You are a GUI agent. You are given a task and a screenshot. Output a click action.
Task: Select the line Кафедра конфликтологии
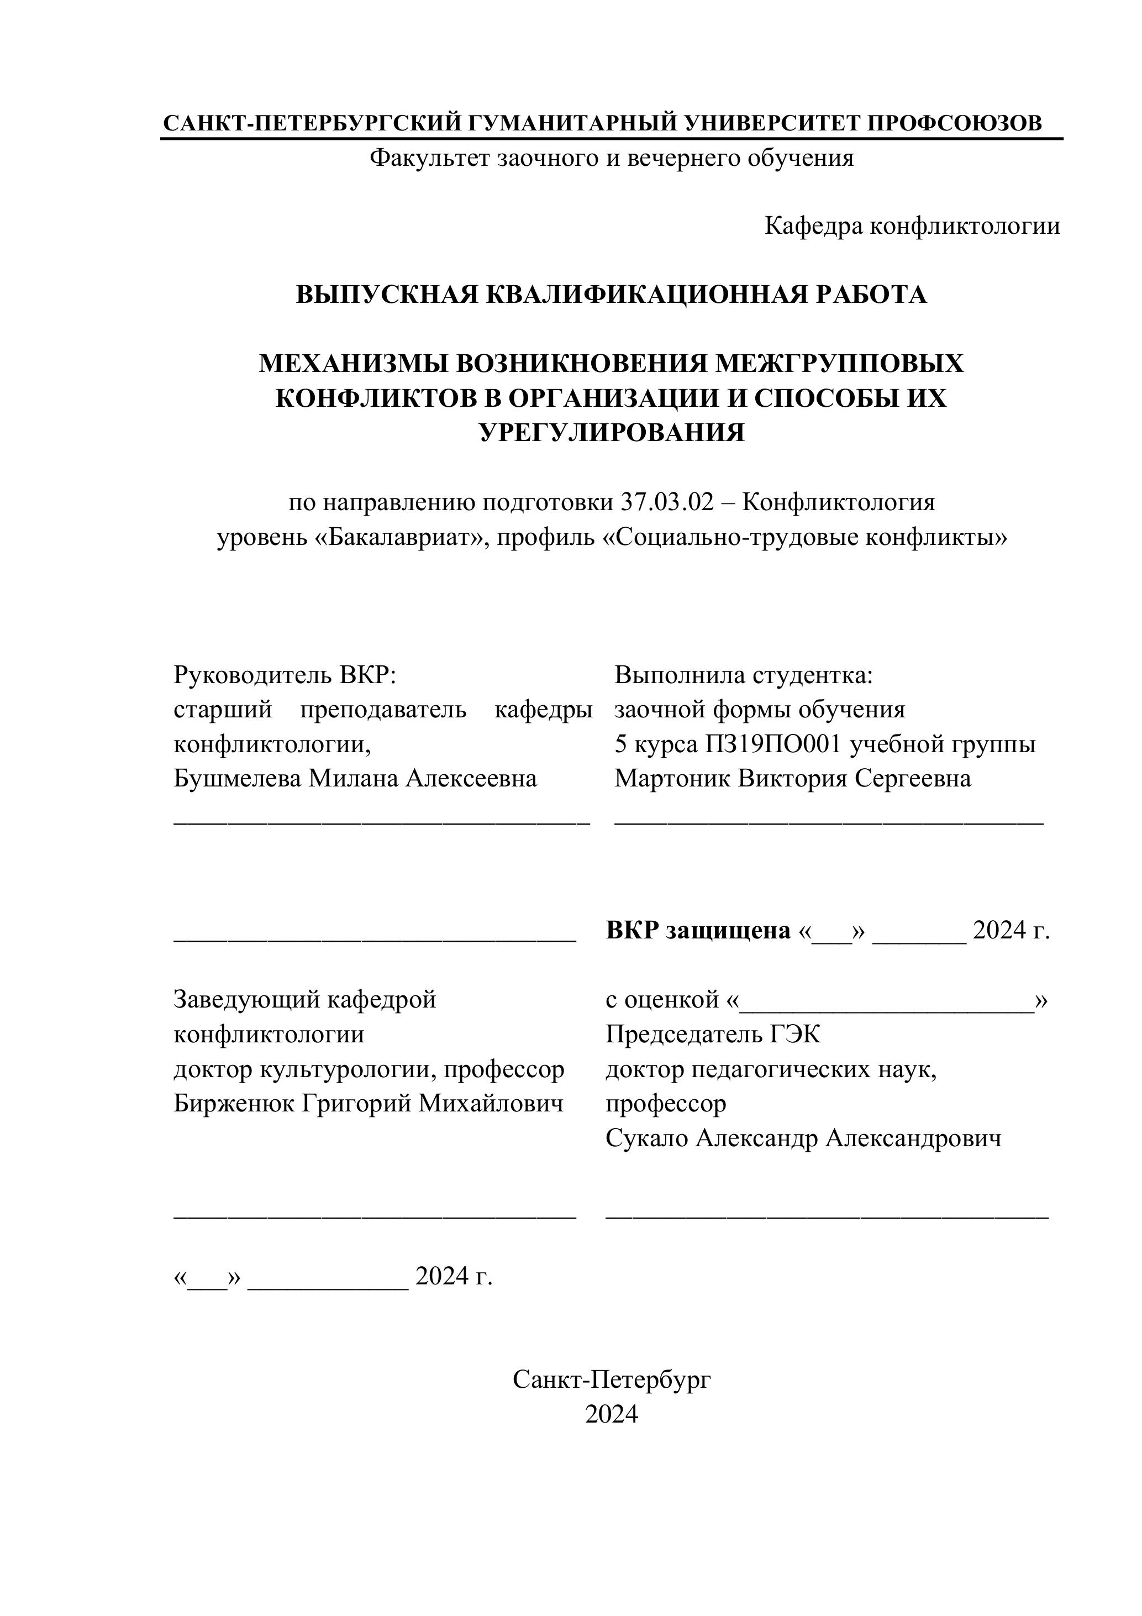tap(912, 226)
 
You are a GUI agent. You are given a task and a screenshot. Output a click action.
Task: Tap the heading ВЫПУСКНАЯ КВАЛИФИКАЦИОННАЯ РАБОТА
tap(611, 294)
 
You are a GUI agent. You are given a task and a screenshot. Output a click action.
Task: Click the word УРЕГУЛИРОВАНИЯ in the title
tap(611, 432)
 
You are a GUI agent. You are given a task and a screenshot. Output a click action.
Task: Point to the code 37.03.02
tap(666, 502)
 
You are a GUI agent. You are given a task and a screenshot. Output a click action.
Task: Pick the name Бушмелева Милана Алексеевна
tap(355, 779)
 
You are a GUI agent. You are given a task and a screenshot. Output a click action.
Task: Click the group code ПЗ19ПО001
tap(773, 744)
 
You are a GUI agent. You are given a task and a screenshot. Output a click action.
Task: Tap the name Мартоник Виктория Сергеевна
tap(792, 779)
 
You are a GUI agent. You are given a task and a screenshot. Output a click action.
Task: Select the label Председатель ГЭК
tap(712, 1034)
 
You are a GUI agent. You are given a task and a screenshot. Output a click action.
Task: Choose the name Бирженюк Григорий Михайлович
tap(368, 1103)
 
